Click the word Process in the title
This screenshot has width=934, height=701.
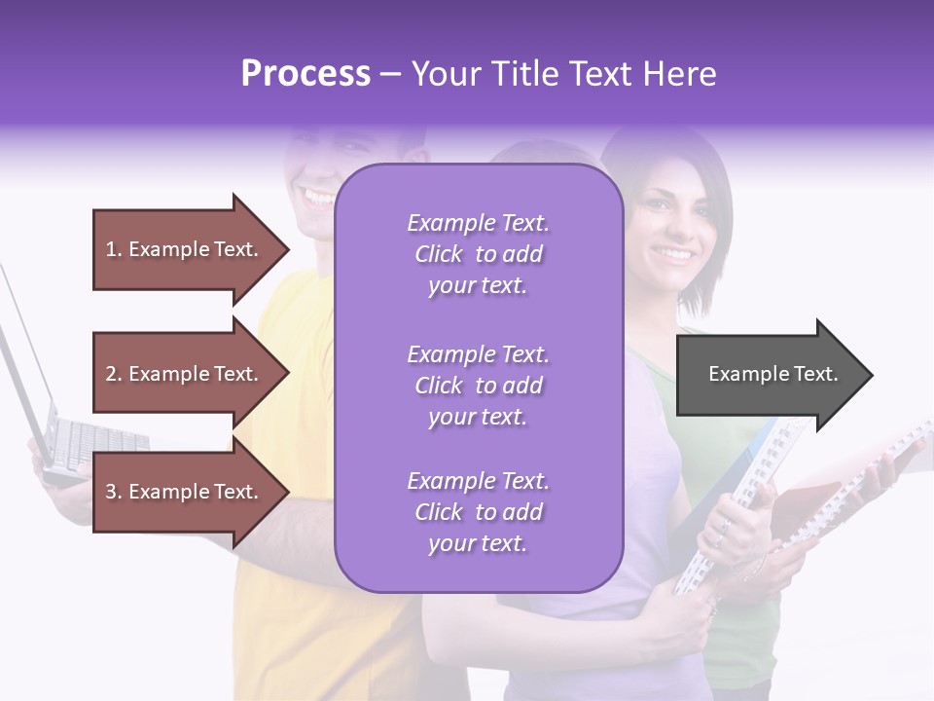pos(305,74)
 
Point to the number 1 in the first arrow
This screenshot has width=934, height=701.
pos(111,249)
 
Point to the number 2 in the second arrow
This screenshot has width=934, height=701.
pos(111,374)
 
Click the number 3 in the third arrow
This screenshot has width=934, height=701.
pos(111,492)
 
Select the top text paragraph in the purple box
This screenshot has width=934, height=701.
pos(478,254)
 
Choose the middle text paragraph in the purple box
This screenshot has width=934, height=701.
pos(478,386)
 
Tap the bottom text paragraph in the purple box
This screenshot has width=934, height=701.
pos(478,512)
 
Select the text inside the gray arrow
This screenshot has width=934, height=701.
pos(772,374)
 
